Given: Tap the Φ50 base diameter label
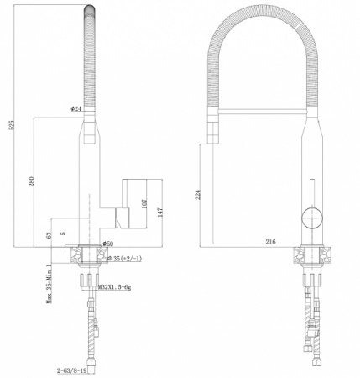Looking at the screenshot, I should click(108, 244).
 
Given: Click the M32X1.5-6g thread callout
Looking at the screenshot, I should click(116, 287).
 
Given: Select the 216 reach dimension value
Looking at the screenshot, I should click(270, 242).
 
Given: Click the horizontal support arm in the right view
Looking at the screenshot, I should click(260, 109).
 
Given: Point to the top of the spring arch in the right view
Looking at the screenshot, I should click(262, 12).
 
